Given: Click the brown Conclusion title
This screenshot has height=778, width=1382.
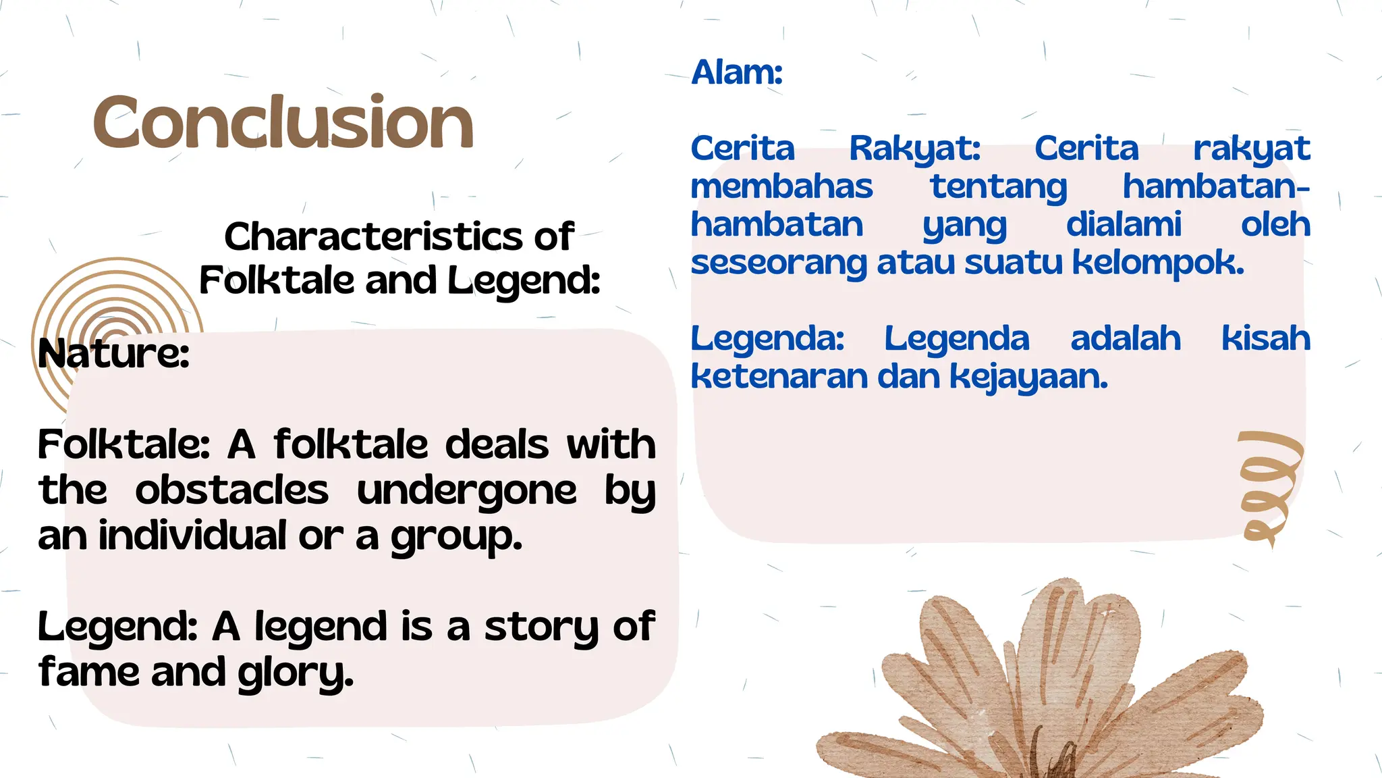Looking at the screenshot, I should point(283,122).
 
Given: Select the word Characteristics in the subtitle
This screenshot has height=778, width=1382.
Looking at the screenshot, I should point(373,237).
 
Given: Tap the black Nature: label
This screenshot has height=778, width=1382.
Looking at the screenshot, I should point(113,353).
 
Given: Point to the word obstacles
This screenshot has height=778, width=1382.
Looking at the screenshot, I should point(231,490).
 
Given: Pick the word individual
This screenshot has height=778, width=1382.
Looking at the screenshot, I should point(193,536).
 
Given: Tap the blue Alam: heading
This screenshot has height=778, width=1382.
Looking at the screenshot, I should point(737,72).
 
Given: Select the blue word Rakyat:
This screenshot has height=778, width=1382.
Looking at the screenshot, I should point(914,149).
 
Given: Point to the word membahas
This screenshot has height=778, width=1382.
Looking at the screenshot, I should point(781,186).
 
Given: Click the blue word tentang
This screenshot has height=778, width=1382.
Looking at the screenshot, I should point(998,187).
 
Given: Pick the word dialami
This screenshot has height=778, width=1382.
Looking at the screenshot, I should point(1124,225).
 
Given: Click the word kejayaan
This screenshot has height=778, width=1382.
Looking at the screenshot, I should point(1028,378).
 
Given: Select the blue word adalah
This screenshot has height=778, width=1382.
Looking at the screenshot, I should point(1125,338).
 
